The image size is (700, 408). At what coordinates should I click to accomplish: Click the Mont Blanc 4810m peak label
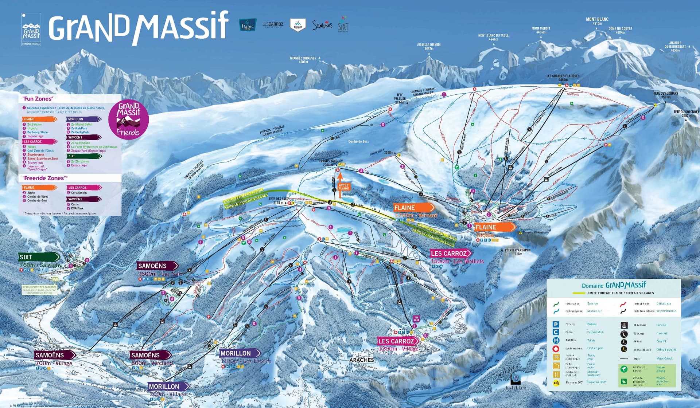point(597,21)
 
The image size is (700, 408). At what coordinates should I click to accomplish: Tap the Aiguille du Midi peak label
point(429,46)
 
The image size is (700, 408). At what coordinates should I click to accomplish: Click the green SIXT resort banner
point(39,257)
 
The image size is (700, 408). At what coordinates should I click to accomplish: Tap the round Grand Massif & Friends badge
point(128,119)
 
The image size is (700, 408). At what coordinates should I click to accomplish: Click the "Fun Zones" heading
point(38,99)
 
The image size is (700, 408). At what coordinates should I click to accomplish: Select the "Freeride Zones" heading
point(44,178)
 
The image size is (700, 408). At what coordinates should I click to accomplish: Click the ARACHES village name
point(362,360)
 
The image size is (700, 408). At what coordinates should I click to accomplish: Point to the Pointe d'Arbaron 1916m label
point(517,252)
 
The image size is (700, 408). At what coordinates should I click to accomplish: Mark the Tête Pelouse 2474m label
point(400,98)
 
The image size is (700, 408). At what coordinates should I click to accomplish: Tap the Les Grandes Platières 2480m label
point(563,78)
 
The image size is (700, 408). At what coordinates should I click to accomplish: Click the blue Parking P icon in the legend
point(556,324)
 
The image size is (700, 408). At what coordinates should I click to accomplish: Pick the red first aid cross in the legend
point(556,349)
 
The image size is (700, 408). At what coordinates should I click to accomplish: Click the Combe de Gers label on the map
point(358,141)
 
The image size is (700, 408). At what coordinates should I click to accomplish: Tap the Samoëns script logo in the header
point(322,25)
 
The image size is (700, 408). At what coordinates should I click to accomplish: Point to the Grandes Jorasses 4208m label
point(303,60)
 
